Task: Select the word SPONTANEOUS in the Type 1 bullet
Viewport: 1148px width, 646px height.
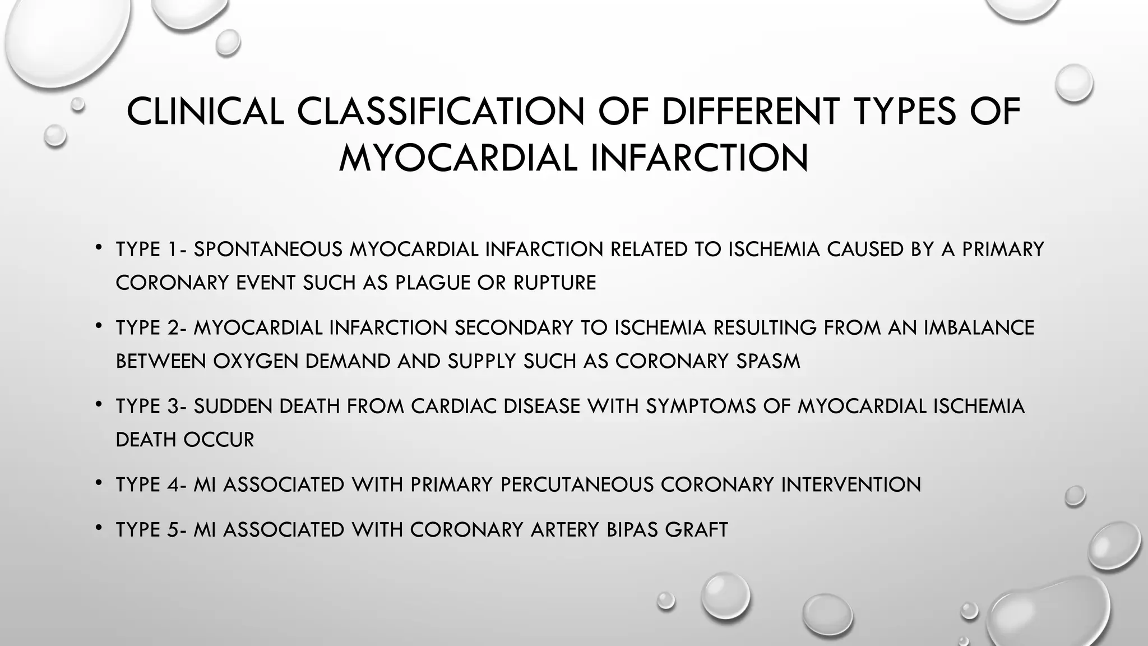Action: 268,249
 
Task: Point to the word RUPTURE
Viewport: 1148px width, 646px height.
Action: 555,283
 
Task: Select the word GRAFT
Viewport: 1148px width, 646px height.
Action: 696,529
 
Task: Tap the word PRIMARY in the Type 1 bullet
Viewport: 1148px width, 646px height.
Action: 1003,249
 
